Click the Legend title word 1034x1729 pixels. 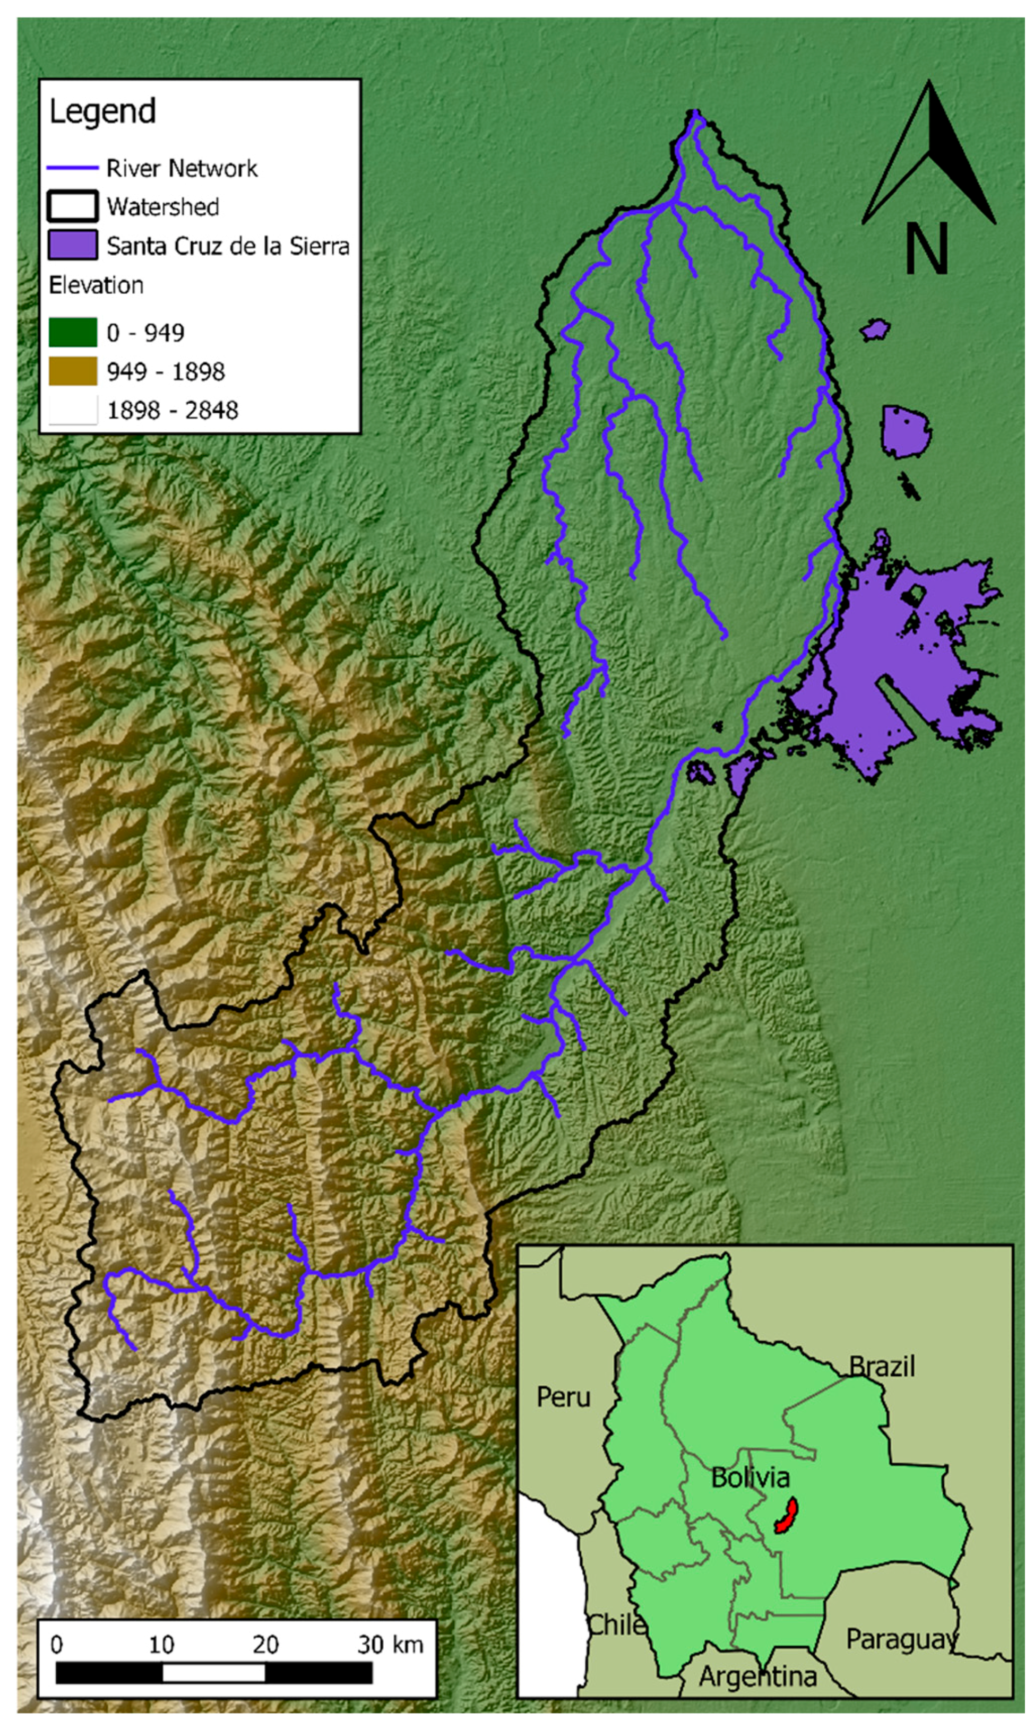[x=102, y=112]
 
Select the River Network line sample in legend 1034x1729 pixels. [x=72, y=168]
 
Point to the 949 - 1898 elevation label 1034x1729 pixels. [x=166, y=372]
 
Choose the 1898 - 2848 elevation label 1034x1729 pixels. [x=172, y=410]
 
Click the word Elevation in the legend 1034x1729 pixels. [x=96, y=285]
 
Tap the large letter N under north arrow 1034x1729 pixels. [x=926, y=249]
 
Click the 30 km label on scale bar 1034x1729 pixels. [x=390, y=1645]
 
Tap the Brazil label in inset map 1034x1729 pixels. [x=882, y=1366]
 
